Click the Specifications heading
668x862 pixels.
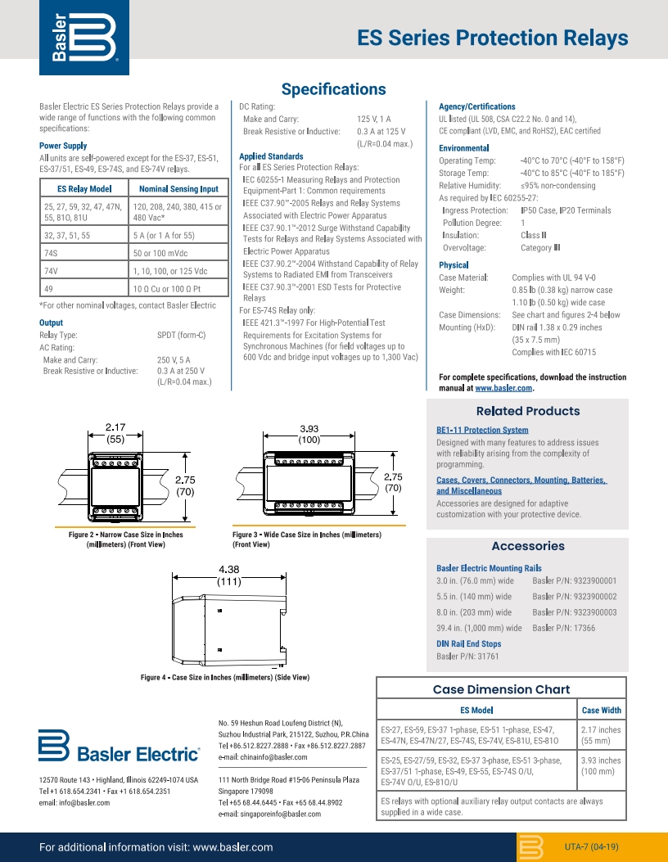[333, 89]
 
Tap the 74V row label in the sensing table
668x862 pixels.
[51, 271]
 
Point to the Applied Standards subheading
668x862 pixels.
[271, 156]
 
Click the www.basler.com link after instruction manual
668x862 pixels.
[503, 388]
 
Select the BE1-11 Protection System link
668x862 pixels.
[482, 430]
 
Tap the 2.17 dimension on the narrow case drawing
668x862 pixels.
[115, 426]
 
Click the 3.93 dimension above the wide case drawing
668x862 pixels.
[309, 428]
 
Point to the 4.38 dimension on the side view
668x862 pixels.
[229, 570]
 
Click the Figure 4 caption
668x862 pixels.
[225, 677]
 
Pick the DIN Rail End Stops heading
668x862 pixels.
[468, 644]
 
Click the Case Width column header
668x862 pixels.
[601, 711]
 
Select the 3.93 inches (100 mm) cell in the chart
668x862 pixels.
[600, 766]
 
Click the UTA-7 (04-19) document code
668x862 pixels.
[591, 846]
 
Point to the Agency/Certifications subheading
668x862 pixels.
[477, 106]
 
